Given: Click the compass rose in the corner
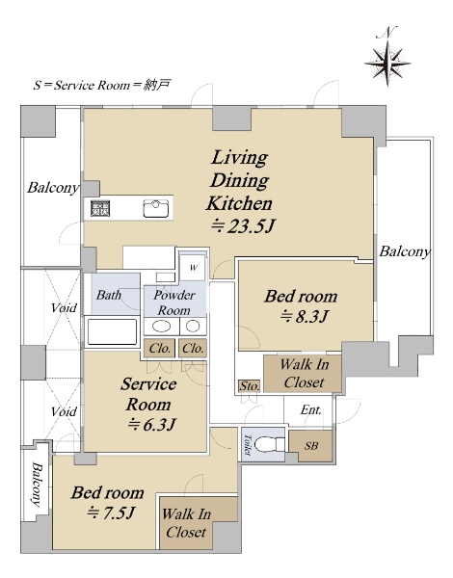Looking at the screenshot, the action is coord(387,64).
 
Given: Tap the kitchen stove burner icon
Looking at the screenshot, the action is coord(100,208).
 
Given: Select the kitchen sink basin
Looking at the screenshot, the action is coord(156,209).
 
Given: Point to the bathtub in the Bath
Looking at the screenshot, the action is coord(112,331).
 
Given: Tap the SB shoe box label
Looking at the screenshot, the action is coord(311,446).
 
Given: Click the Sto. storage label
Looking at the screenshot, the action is coord(250,386).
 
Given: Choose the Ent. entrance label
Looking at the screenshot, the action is coord(310,410).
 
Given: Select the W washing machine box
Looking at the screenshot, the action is coord(194,268).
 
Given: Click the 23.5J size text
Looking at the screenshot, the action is coord(243,226).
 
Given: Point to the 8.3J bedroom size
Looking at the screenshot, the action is coord(305,316).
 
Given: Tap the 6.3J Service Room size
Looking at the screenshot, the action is coord(151,425).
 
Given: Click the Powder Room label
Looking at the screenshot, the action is coord(174,302).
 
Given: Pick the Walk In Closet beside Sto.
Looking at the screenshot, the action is coord(305,373).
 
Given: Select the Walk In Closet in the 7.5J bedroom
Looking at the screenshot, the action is coord(186,523).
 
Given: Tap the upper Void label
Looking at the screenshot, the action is coord(65,308).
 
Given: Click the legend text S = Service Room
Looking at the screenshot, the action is coord(82,86).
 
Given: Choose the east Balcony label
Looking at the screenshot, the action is coord(405,251).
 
